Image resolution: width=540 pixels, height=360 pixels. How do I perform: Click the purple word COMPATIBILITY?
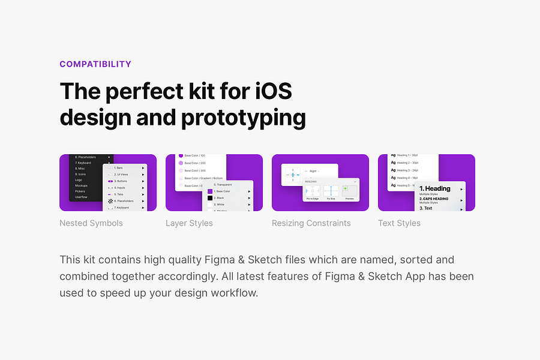pos(95,64)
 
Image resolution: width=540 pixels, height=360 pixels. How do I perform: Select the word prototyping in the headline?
pos(244,117)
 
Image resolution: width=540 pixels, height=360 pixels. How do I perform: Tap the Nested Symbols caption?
pos(91,223)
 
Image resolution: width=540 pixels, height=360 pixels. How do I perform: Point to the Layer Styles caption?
pos(189,223)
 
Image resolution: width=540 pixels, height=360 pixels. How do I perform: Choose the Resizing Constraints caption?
pos(311,223)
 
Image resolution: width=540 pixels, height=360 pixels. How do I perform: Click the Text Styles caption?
pos(399,223)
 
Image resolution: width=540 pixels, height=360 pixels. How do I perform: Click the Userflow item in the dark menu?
pos(82,197)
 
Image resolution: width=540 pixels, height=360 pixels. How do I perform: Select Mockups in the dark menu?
pos(81,185)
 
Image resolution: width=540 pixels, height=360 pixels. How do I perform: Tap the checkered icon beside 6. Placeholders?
pos(110,201)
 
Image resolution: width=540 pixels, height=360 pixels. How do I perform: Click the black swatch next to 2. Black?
pos(210,197)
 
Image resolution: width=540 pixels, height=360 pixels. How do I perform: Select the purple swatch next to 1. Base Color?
pos(210,191)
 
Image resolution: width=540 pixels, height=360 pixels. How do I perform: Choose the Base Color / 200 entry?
pos(195,163)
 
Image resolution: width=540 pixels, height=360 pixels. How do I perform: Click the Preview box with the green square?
pos(349,191)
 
